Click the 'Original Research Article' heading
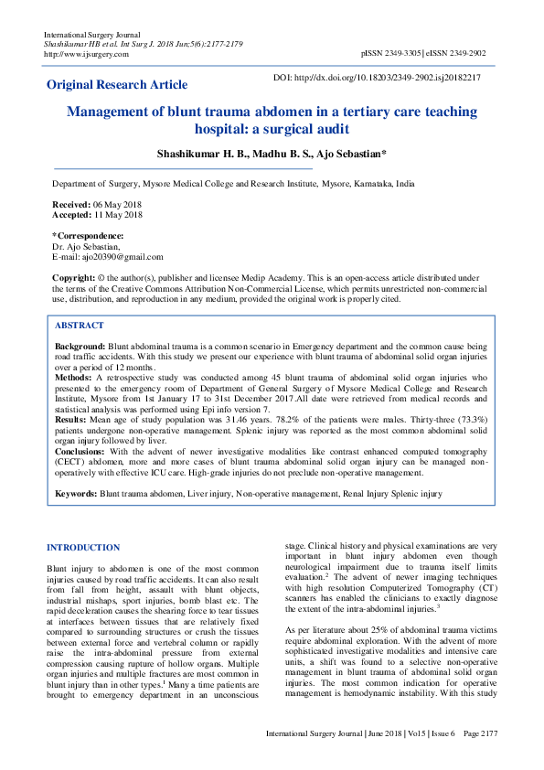pos(117,85)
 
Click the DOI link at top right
pos(378,78)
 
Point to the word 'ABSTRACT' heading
pos(80,325)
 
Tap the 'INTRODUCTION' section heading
pos(83,548)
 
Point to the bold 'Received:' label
pos(70,205)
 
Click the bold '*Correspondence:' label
pos(87,236)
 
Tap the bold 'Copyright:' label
pos(73,276)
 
